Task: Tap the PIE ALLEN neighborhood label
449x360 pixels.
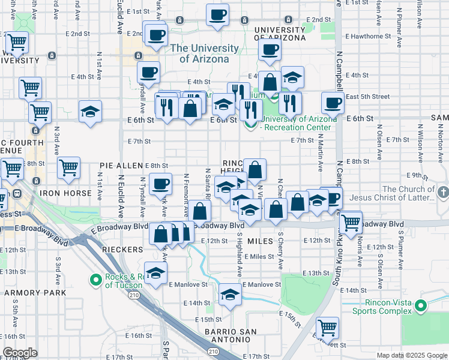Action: click(121, 165)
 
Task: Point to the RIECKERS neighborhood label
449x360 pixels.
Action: click(122, 249)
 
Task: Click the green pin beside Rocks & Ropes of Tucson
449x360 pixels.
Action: click(95, 280)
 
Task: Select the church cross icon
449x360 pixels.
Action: click(443, 193)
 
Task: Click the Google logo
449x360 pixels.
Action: click(20, 353)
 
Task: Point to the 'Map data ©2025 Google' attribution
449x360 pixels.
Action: click(411, 355)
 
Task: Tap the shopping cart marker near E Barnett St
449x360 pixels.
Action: click(327, 328)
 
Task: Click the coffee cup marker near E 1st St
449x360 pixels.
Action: click(217, 14)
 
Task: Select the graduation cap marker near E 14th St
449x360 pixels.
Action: click(229, 294)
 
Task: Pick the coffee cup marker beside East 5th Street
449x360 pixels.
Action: click(333, 103)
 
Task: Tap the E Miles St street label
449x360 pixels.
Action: click(262, 257)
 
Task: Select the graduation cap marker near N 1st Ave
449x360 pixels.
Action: click(90, 112)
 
